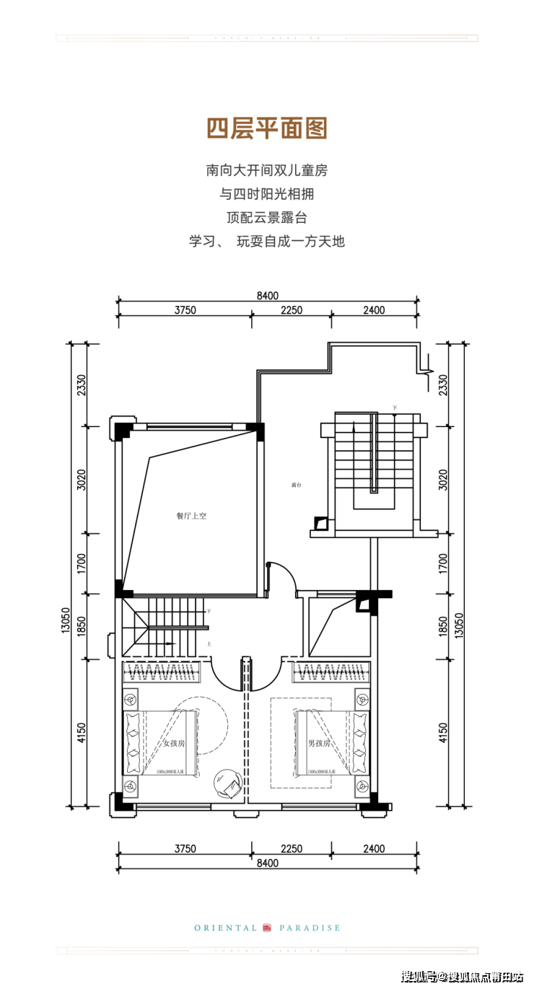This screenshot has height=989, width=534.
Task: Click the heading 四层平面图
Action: pos(267,128)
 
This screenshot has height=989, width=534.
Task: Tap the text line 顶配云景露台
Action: pos(267,217)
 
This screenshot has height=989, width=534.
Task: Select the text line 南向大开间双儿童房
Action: pos(267,171)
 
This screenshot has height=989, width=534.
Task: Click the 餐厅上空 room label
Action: pos(191,516)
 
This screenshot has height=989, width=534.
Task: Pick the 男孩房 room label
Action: pos(319,743)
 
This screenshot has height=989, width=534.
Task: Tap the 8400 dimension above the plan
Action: pos(267,295)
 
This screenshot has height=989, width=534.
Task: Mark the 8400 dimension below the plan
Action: pos(267,863)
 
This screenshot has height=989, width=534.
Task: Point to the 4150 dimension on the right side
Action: pos(442,733)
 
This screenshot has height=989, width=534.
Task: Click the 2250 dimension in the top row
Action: pos(292,310)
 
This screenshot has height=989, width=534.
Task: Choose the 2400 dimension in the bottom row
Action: pos(374,849)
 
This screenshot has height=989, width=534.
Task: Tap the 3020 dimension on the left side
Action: pos(82,480)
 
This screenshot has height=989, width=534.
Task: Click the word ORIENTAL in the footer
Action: pos(225,928)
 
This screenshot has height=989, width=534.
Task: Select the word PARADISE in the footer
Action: pos(310,928)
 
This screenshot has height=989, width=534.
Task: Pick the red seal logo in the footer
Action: pos(268,928)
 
